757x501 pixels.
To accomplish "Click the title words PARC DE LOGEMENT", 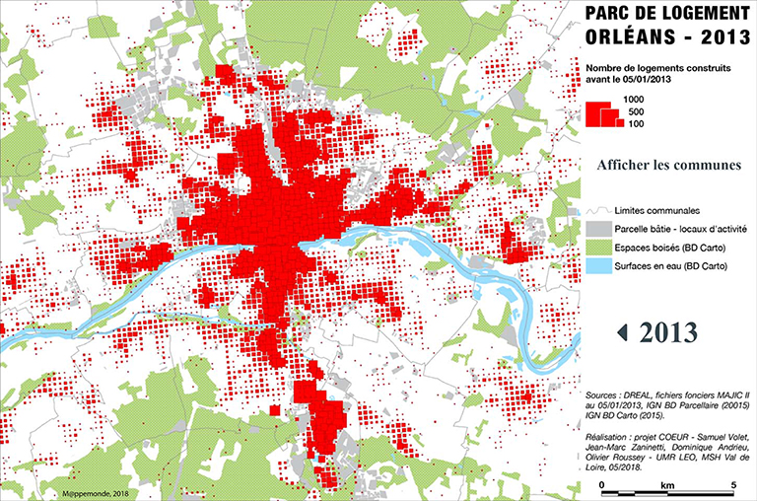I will coord(667,14).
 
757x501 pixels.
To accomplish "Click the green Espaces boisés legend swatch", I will coord(593,247).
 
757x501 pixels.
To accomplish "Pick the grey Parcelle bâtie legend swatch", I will coord(593,228).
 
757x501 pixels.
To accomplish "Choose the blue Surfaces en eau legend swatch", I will coord(593,264).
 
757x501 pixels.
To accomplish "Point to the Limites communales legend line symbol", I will coord(593,210).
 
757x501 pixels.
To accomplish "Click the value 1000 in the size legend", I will coord(632,100).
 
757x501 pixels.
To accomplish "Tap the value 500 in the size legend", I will coord(636,112).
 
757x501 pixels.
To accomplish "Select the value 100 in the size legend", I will coord(636,124).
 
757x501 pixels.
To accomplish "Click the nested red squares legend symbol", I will coord(600,112).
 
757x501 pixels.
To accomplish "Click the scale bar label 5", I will coord(732,486).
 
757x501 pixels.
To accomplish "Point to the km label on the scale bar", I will coord(666,486).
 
